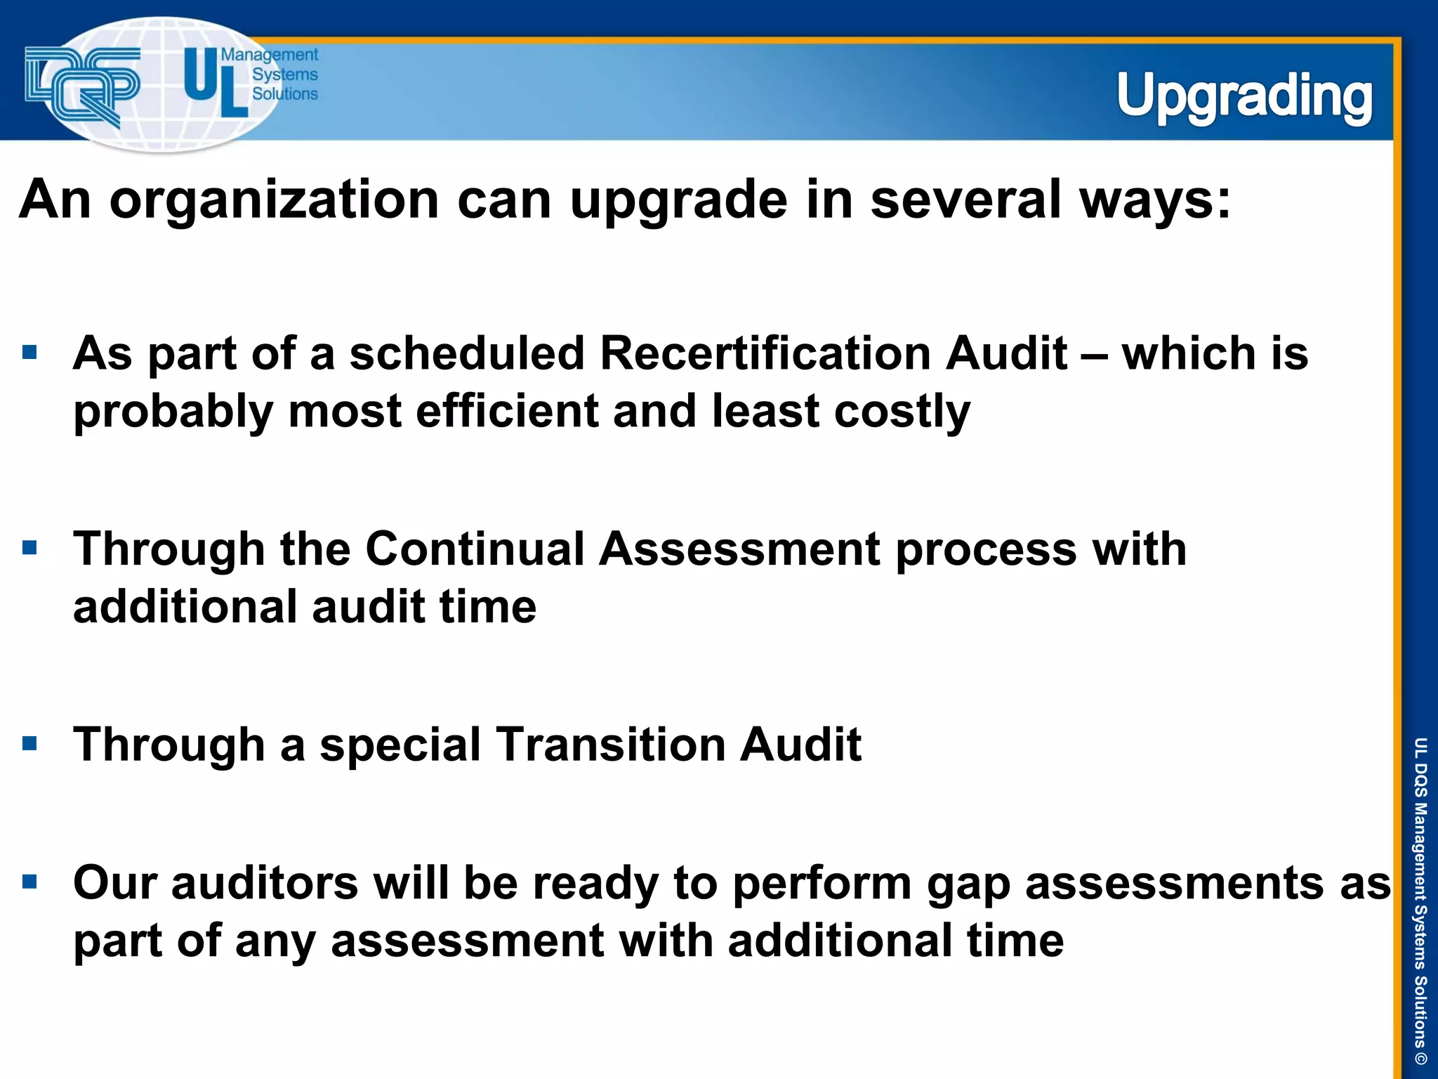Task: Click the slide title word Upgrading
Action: coord(1244,97)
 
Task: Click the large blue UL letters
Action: coord(215,81)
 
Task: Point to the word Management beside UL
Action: coord(270,55)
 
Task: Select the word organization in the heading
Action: coord(274,200)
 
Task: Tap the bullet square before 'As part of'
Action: coord(29,352)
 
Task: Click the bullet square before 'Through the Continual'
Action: coord(29,547)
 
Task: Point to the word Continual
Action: coord(475,549)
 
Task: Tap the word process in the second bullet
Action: coord(986,550)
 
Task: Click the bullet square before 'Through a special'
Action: coord(29,743)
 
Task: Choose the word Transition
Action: coord(610,745)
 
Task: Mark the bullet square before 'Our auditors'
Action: coord(29,882)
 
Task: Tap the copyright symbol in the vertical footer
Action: coord(1420,1057)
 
